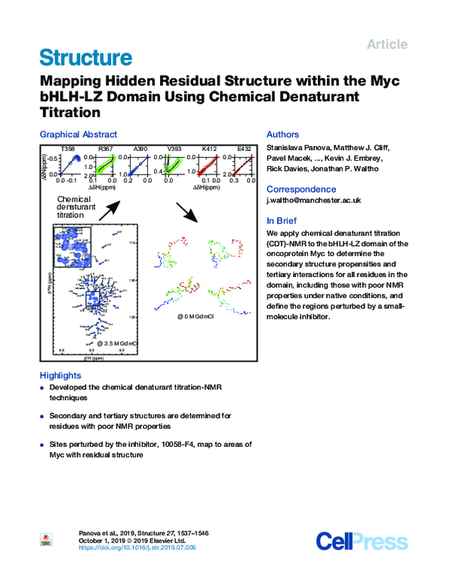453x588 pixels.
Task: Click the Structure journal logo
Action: point(85,57)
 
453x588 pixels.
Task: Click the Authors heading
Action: point(282,134)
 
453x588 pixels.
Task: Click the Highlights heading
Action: point(60,375)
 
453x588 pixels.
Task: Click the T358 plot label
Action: point(68,148)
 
